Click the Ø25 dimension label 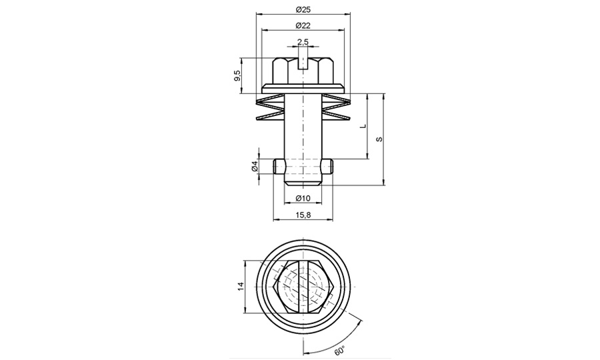click(x=303, y=9)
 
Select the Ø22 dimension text click(x=303, y=25)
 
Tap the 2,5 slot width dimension click(x=303, y=42)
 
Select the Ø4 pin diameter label click(x=255, y=167)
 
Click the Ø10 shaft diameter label click(x=303, y=198)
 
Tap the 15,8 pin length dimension click(x=303, y=215)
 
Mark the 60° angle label click(x=339, y=348)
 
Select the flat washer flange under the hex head click(x=303, y=87)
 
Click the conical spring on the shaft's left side click(x=271, y=109)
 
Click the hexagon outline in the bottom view click(x=278, y=287)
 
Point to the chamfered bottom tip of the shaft click(x=303, y=181)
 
